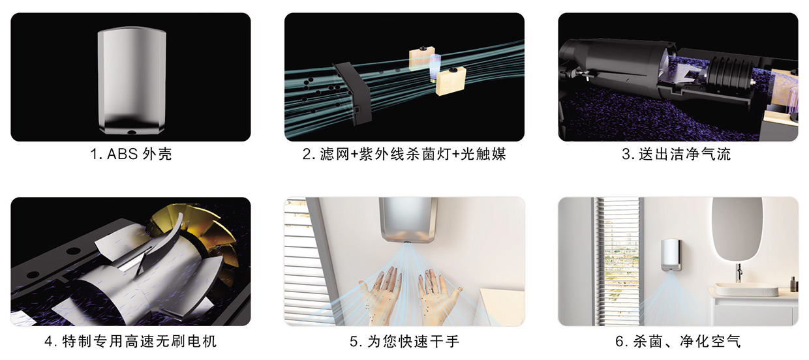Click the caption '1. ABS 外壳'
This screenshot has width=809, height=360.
tap(130, 155)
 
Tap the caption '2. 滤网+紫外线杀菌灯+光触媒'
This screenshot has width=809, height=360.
tap(404, 155)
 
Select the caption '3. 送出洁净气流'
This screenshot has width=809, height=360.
tap(676, 155)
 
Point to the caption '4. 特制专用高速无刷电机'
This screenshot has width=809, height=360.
tap(130, 341)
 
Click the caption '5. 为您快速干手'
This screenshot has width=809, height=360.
tap(404, 341)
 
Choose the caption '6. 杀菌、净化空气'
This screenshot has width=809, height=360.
tap(678, 341)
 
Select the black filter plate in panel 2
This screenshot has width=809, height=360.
tap(353, 93)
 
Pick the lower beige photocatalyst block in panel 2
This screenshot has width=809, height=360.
tap(451, 82)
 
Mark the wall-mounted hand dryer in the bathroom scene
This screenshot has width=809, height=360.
tap(671, 255)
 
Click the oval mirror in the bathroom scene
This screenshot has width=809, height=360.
tap(737, 228)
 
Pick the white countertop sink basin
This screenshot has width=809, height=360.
tap(746, 289)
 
